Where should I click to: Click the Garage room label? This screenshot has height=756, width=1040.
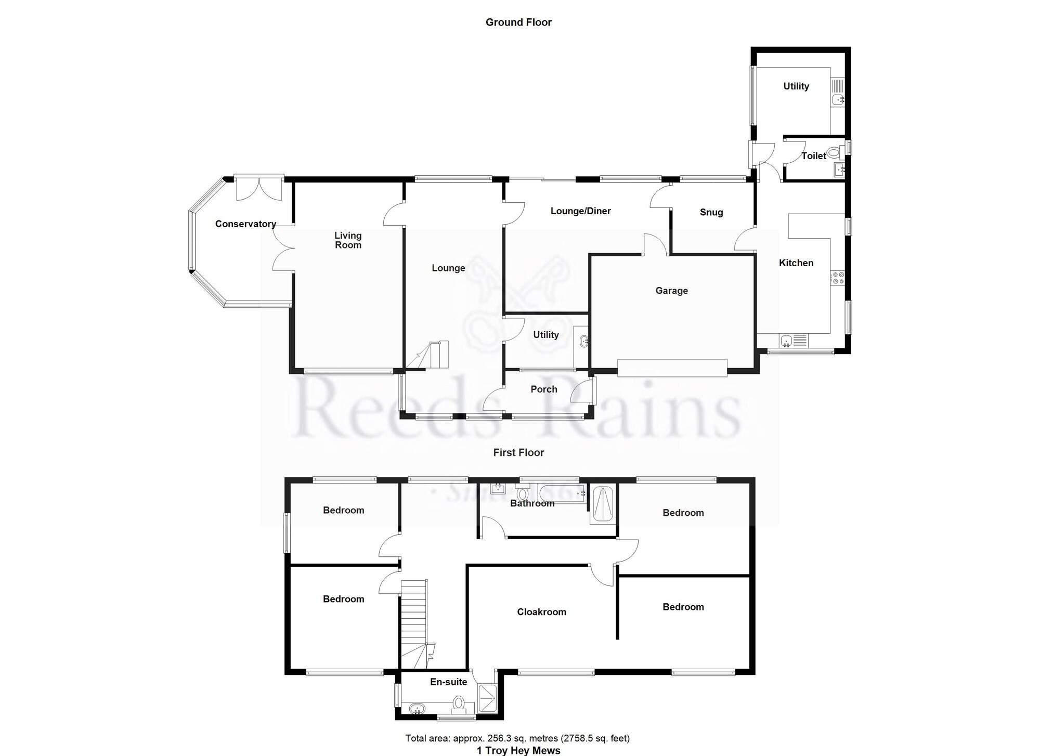click(671, 291)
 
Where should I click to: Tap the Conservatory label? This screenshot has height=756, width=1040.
click(245, 224)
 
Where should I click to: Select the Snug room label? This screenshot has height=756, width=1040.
click(711, 212)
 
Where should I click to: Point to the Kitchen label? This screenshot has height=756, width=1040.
click(796, 263)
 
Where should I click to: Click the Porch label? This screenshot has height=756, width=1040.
click(543, 389)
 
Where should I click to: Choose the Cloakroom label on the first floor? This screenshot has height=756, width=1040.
click(541, 612)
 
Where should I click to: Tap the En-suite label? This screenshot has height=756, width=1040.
click(448, 682)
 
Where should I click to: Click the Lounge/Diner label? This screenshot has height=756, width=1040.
click(580, 211)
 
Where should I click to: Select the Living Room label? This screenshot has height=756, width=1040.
click(348, 240)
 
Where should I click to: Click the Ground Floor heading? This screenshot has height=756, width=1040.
click(518, 22)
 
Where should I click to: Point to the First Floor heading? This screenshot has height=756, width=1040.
click(518, 453)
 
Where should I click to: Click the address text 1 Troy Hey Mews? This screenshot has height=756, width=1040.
click(518, 750)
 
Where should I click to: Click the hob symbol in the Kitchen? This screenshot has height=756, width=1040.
click(837, 278)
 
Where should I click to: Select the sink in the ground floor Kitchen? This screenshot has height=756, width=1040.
click(787, 341)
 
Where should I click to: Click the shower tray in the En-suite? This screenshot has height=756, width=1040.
click(487, 698)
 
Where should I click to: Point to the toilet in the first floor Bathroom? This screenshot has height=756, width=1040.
click(523, 493)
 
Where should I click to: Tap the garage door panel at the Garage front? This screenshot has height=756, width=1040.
click(672, 367)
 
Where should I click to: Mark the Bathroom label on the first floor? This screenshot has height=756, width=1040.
click(532, 503)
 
